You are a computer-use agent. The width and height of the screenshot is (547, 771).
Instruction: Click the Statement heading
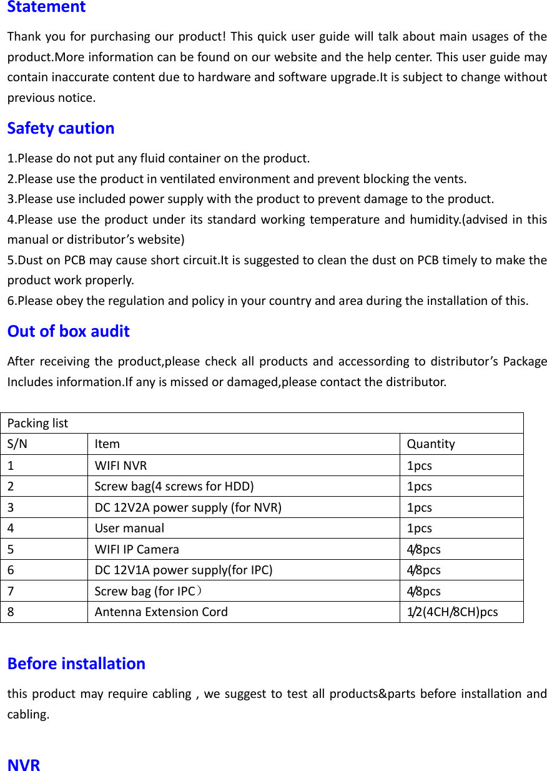46,7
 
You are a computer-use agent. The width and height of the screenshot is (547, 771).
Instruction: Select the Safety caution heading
61,128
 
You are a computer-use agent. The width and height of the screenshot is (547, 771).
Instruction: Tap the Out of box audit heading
68,331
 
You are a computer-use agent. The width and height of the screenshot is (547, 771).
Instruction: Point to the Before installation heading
76,664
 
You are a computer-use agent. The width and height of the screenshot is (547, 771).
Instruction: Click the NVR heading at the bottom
24,765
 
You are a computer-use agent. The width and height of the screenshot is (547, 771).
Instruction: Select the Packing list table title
37,423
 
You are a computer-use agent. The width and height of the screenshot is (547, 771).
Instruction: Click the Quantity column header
431,444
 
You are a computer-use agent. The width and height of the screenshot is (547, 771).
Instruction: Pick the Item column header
107,444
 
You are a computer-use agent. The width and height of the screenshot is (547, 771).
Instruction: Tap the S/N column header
17,444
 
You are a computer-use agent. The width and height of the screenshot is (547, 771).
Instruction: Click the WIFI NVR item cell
121,465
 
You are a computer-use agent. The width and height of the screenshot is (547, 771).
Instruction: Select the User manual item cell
129,528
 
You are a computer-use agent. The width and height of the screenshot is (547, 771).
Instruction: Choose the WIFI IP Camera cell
137,550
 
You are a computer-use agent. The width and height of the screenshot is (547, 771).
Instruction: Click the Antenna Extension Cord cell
161,612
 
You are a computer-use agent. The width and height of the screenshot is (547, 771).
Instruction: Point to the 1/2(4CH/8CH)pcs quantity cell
452,612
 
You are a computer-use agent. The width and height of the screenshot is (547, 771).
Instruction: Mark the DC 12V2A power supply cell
188,507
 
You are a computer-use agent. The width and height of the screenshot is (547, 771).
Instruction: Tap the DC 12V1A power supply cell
184,570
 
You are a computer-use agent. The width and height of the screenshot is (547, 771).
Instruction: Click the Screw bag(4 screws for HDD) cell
174,486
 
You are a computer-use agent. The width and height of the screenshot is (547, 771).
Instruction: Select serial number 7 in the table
12,591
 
